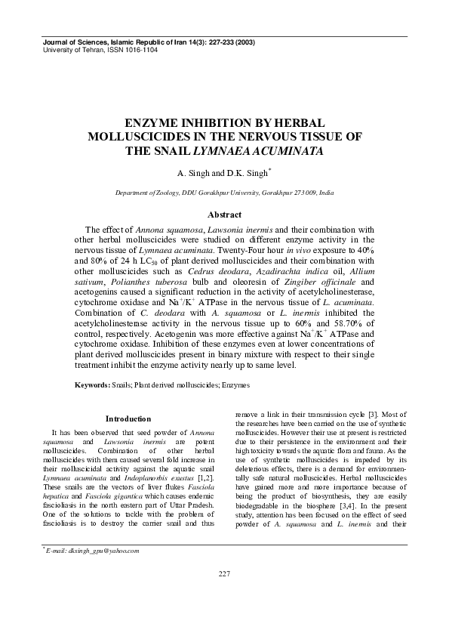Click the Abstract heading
(x=224, y=215)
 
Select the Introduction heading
(x=128, y=418)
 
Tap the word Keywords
(x=92, y=385)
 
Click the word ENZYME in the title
(x=152, y=122)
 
